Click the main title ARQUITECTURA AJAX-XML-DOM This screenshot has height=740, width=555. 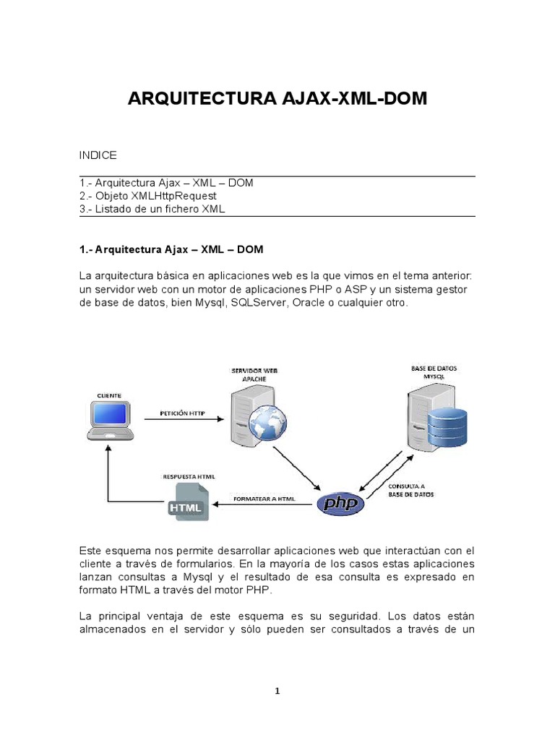(277, 99)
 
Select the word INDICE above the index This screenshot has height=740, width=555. (98, 155)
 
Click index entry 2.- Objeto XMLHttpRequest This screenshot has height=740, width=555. (148, 196)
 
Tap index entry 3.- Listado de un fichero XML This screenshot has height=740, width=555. (152, 209)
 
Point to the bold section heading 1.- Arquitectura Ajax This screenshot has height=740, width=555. (171, 250)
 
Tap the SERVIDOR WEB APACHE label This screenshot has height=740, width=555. (254, 374)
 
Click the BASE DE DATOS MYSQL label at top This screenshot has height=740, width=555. (434, 372)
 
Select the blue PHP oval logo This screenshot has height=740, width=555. (341, 503)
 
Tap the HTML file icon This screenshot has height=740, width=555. (187, 504)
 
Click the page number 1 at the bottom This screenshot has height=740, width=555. (277, 691)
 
